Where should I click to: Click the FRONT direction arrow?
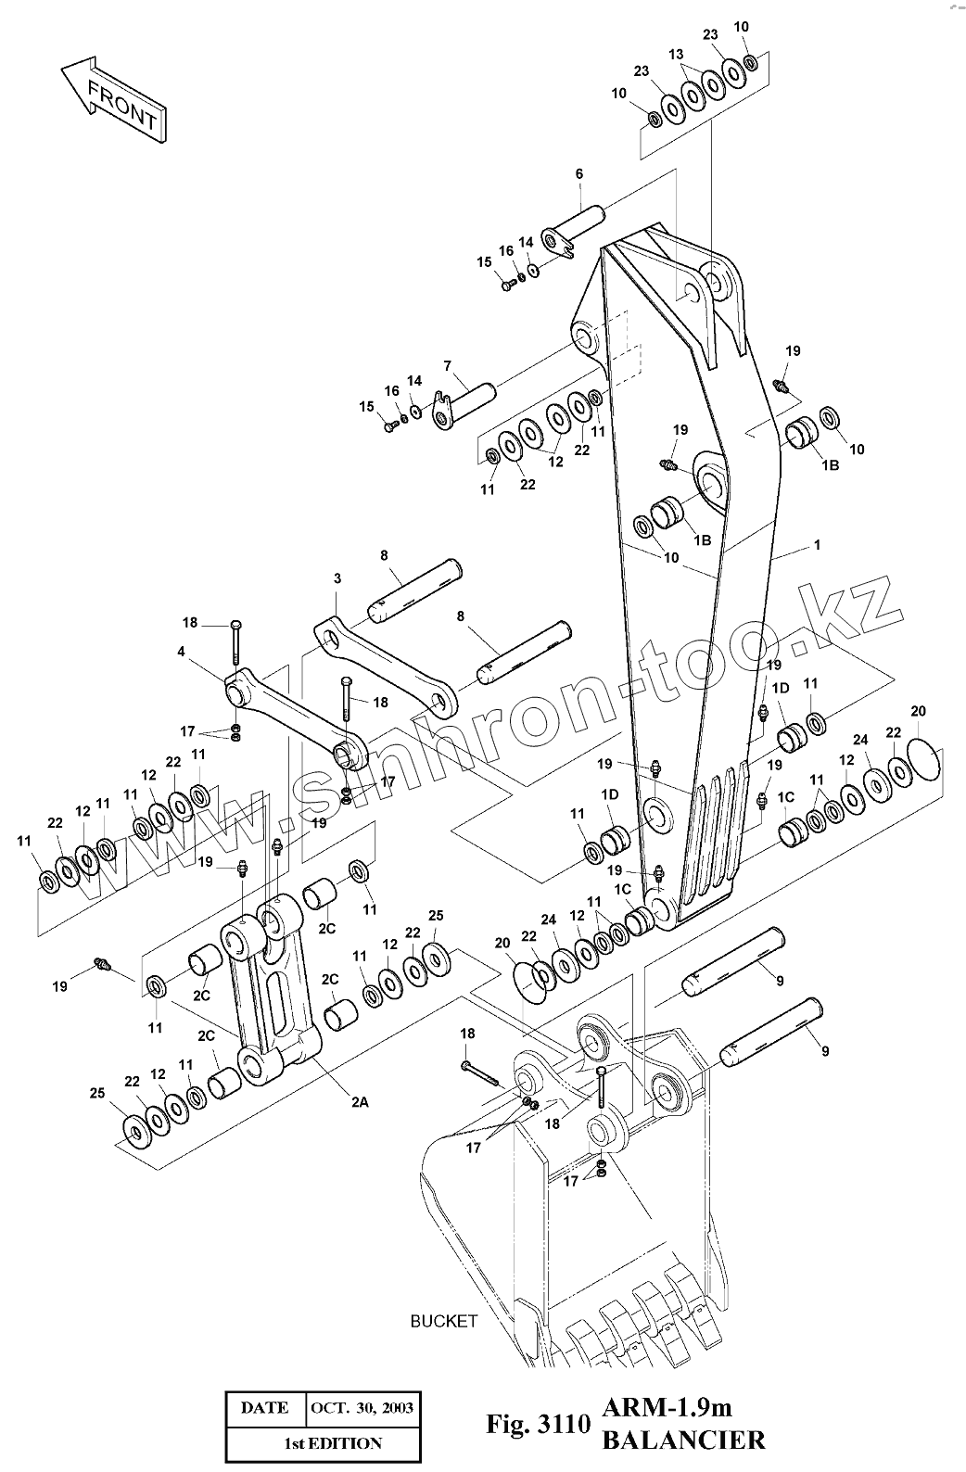pyautogui.click(x=113, y=99)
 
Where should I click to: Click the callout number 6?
pyautogui.click(x=578, y=174)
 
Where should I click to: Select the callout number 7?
pyautogui.click(x=448, y=366)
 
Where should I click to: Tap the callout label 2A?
pyautogui.click(x=360, y=1102)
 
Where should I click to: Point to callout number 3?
pyautogui.click(x=337, y=578)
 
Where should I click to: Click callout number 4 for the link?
pyautogui.click(x=181, y=652)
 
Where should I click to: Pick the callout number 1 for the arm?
pyautogui.click(x=817, y=545)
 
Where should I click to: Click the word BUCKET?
pyautogui.click(x=443, y=1321)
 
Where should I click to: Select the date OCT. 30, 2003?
pyautogui.click(x=362, y=1408)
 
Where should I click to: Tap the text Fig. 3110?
pyautogui.click(x=539, y=1424)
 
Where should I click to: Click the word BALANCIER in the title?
pyautogui.click(x=683, y=1440)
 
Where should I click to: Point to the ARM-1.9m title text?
pyautogui.click(x=667, y=1407)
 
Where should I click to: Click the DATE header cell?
pyautogui.click(x=265, y=1408)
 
